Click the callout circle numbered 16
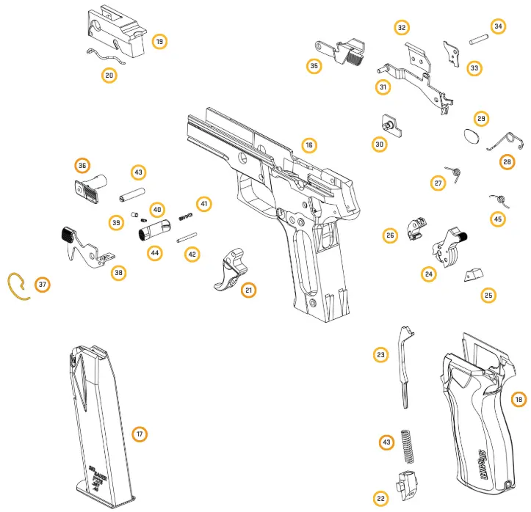click(x=309, y=145)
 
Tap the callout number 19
click(x=159, y=41)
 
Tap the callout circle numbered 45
click(x=498, y=219)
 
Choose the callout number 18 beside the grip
click(x=519, y=399)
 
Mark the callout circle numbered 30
click(x=379, y=145)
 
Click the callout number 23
click(x=380, y=355)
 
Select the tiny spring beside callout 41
click(x=186, y=215)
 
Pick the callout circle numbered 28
click(x=507, y=162)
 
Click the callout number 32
click(x=401, y=28)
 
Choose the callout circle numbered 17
click(x=139, y=434)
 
